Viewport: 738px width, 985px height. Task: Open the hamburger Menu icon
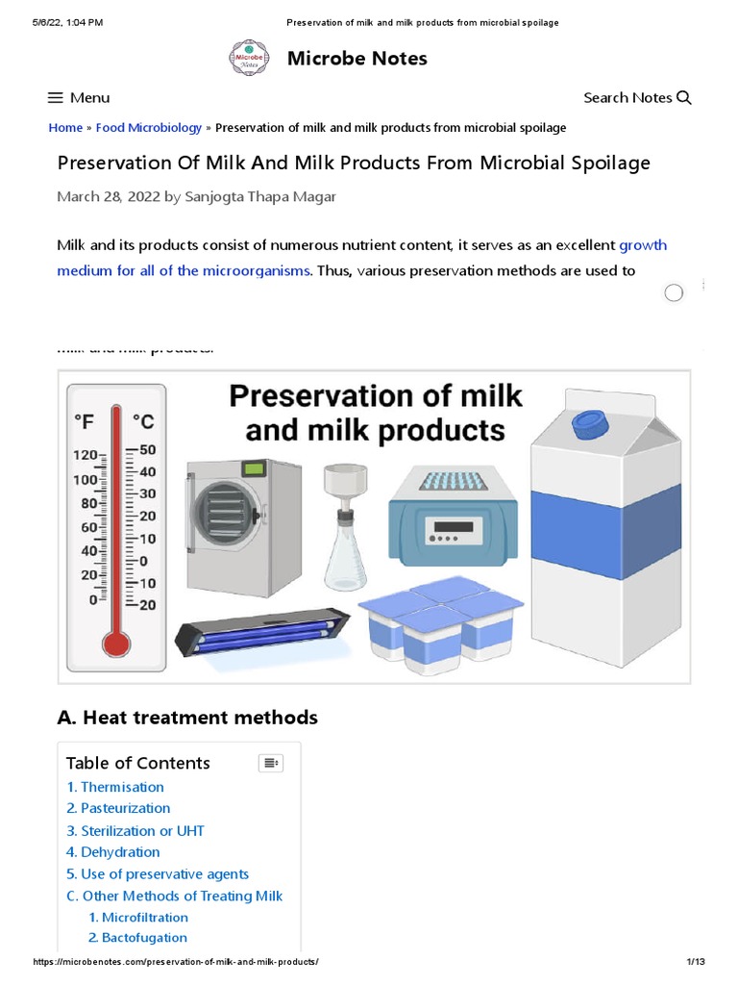pos(56,97)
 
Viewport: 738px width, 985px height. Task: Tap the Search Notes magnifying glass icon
pos(684,97)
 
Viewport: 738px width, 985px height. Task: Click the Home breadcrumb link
pos(65,127)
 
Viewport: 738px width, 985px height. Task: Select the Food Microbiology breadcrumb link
pos(149,127)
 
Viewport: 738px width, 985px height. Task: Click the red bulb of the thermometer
pos(117,642)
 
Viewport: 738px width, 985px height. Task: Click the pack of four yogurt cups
pos(440,622)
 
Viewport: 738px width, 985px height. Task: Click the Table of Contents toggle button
pos(271,763)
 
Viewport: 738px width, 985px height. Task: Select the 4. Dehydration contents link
pos(113,852)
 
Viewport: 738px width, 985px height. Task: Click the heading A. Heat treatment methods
pos(187,718)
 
